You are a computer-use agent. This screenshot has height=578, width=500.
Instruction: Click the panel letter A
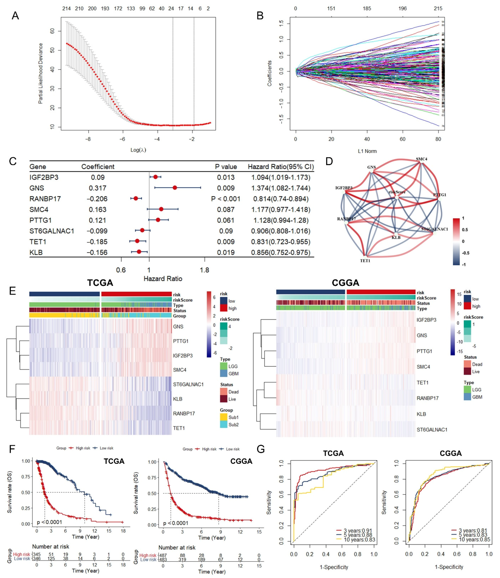[15, 16]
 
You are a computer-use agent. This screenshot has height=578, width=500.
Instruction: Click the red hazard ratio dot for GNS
[175, 188]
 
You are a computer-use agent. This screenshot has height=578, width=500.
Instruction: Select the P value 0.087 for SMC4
[226, 209]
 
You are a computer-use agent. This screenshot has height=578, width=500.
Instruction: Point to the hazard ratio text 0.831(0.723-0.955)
[281, 242]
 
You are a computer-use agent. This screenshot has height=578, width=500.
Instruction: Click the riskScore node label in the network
[397, 192]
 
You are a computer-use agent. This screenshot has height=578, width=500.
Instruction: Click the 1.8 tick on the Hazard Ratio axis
[205, 270]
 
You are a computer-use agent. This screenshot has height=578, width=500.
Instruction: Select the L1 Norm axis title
[367, 151]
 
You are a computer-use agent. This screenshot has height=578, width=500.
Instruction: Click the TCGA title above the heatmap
[100, 283]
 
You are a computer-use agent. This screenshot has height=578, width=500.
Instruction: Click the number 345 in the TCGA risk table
[37, 555]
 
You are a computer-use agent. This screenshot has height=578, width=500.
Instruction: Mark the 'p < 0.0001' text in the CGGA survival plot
[176, 523]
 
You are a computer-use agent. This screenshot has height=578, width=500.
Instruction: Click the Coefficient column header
[98, 167]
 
